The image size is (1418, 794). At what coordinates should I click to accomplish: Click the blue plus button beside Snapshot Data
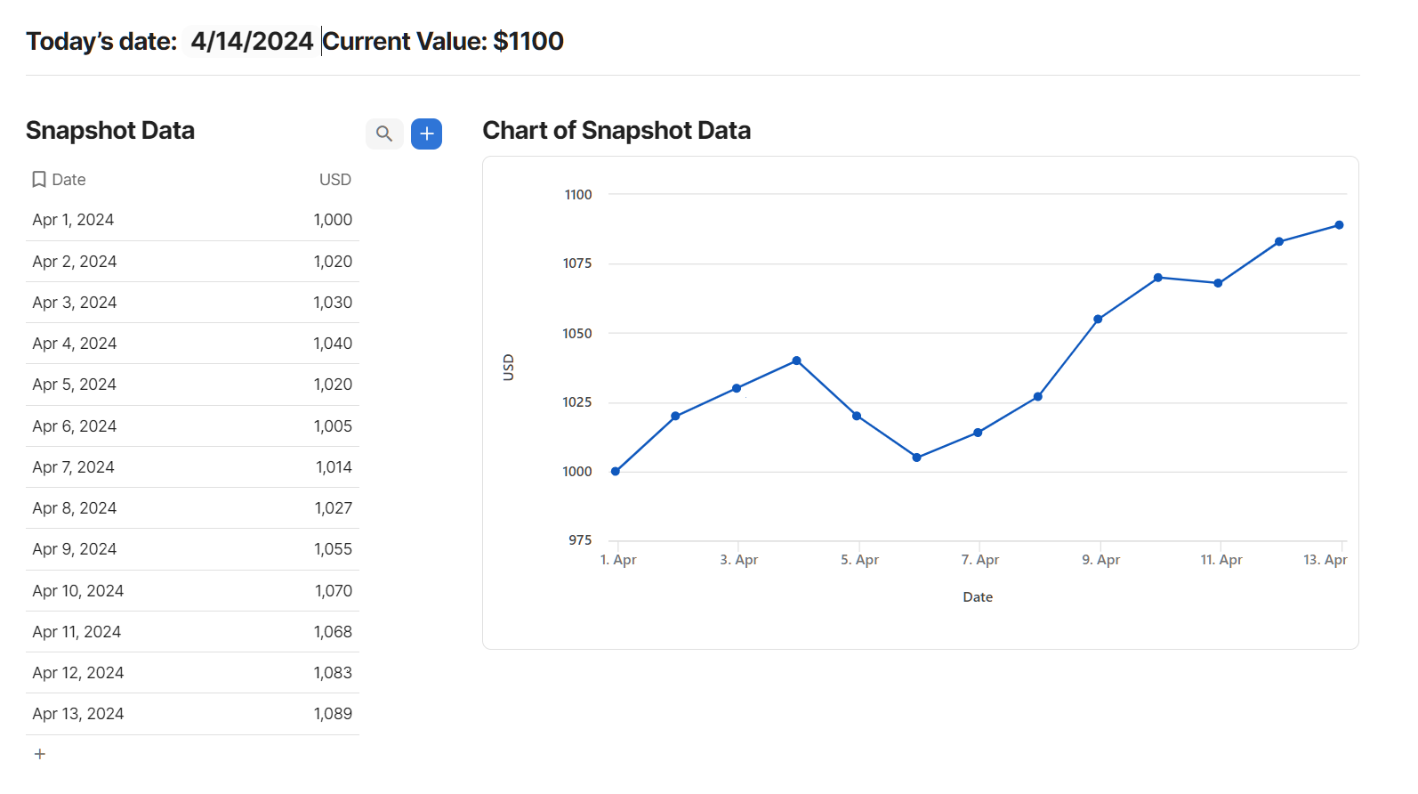[426, 134]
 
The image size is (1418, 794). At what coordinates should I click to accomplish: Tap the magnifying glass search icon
[384, 134]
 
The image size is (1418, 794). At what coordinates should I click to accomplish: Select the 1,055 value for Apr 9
[333, 549]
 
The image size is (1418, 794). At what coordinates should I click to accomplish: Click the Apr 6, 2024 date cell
[75, 426]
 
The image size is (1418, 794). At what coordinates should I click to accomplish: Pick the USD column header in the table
[334, 180]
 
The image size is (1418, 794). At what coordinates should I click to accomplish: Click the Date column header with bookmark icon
[60, 180]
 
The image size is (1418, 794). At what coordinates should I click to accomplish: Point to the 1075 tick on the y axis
[577, 263]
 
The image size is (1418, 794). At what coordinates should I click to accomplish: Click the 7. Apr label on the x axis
[979, 560]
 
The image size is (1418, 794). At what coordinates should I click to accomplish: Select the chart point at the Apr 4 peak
[796, 361]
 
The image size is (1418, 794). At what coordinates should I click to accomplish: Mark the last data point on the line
[1339, 225]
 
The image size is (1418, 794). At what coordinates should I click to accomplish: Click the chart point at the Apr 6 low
[916, 458]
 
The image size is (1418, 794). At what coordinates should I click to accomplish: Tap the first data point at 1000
[616, 471]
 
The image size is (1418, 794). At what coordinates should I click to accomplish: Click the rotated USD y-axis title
[509, 368]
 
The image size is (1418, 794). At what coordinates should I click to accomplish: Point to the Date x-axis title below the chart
[978, 597]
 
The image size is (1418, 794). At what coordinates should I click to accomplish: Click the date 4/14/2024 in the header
[252, 41]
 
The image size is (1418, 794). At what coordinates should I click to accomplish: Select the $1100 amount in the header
[528, 41]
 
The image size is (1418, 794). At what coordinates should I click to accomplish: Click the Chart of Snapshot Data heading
[616, 131]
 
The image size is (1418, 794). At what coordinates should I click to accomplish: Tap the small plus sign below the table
[39, 754]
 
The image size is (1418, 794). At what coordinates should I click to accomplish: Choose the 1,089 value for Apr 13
[333, 714]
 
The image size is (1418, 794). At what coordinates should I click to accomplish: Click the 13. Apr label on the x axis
[1325, 560]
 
